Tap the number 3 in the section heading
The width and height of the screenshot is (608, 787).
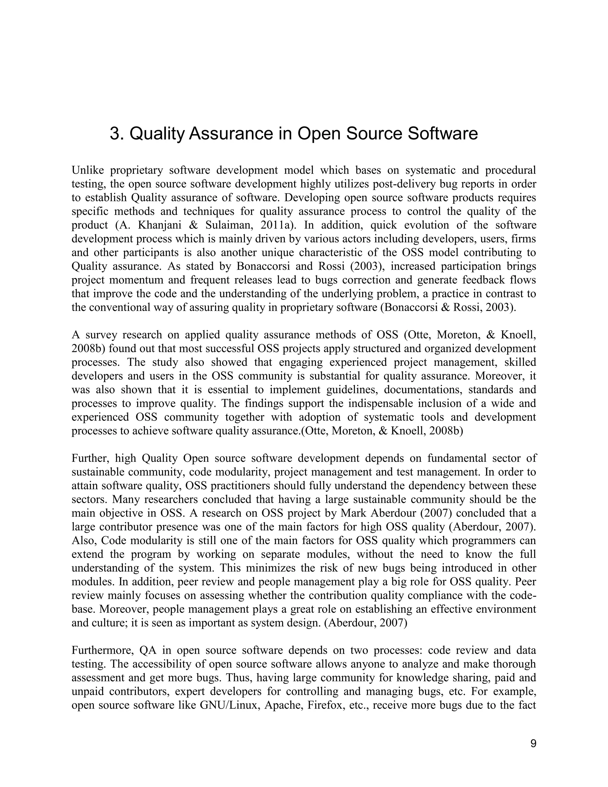[x=115, y=134]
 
